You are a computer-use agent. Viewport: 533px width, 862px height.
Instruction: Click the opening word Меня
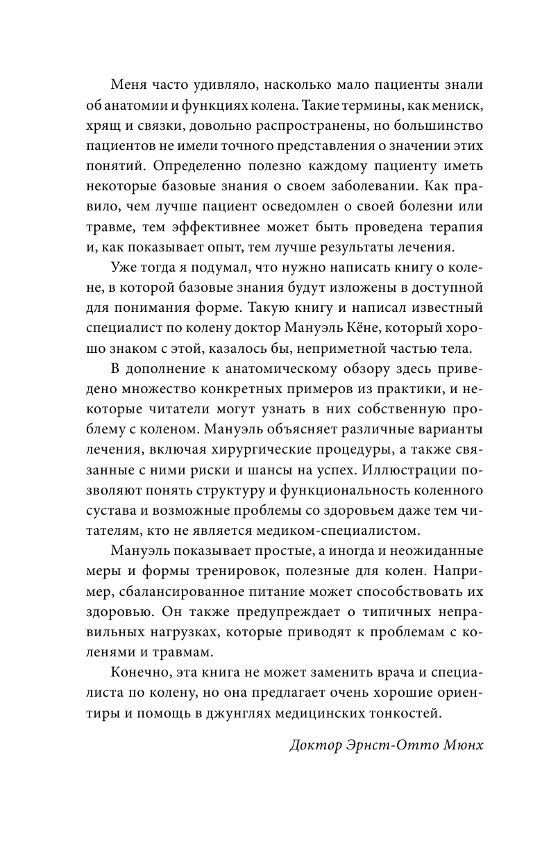[x=129, y=84]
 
